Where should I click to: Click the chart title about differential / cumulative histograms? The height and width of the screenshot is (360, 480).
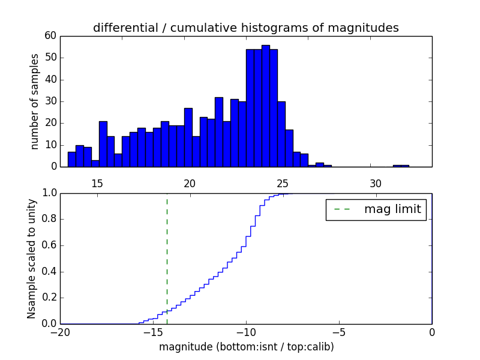coord(245,28)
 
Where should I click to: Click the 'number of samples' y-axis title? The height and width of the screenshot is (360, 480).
coord(35,101)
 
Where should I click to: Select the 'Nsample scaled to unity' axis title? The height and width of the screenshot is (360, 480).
coord(31,258)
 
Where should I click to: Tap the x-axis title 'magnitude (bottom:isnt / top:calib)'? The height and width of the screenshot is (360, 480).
coord(246,347)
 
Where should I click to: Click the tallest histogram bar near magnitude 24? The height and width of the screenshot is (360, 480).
coord(265,106)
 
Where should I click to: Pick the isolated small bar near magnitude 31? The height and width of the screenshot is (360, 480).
coord(401,166)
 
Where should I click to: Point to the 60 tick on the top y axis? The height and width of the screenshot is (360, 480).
coord(50,36)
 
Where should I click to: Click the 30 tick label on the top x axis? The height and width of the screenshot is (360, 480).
coord(376,183)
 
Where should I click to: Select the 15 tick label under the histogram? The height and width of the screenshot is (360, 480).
coord(97,183)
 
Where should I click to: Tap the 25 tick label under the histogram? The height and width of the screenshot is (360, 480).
coord(283,183)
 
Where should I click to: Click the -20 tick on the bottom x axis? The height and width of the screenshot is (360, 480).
coord(60,332)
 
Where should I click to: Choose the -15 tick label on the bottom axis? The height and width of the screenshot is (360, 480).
coord(153,332)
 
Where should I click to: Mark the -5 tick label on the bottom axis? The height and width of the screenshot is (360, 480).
coord(339,332)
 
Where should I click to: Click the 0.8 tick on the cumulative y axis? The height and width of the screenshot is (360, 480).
coord(49,219)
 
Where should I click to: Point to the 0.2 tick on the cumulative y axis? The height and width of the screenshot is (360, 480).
coord(49,298)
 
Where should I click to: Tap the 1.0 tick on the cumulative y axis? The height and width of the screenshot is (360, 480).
coord(49,193)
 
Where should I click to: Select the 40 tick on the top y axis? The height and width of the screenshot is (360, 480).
coord(50,79)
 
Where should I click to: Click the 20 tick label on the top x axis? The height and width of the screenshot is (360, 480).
coord(190,183)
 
